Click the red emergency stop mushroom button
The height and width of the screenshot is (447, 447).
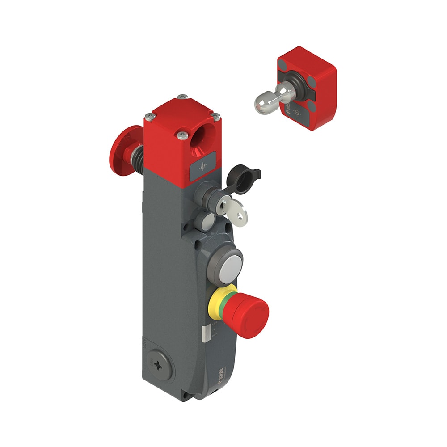point(250,311)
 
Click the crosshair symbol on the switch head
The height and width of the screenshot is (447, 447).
point(203,167)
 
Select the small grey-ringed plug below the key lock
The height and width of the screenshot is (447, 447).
point(207,221)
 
